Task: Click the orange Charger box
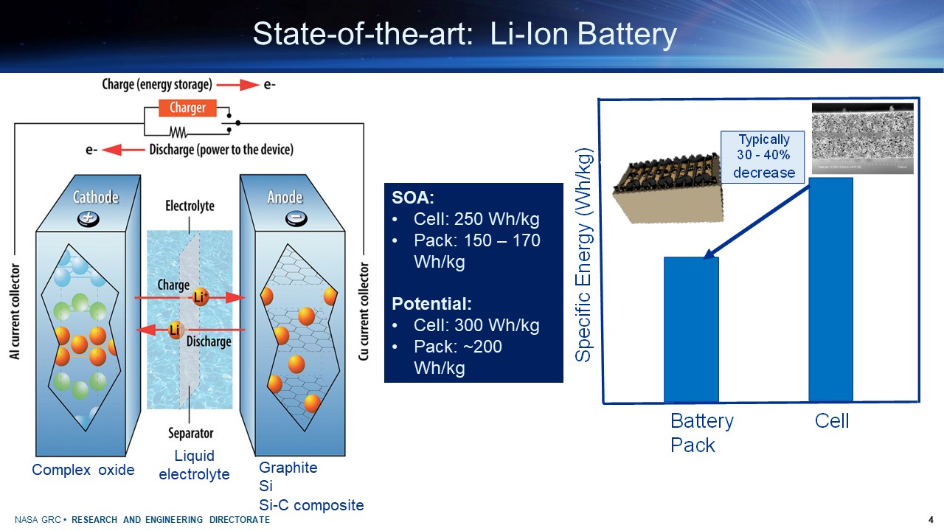(x=187, y=108)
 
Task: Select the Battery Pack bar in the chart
(x=691, y=329)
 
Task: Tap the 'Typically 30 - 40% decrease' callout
(x=763, y=156)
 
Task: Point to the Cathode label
(x=95, y=197)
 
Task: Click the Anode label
(x=285, y=197)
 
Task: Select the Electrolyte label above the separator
(x=190, y=206)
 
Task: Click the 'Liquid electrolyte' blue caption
(x=194, y=465)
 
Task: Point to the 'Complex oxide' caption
(x=83, y=470)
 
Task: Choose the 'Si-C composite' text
(x=311, y=505)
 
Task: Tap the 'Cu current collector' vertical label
(x=364, y=311)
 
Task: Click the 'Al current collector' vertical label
(x=15, y=311)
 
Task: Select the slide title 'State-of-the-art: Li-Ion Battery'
(x=465, y=35)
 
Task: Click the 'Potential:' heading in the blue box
(x=431, y=304)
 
